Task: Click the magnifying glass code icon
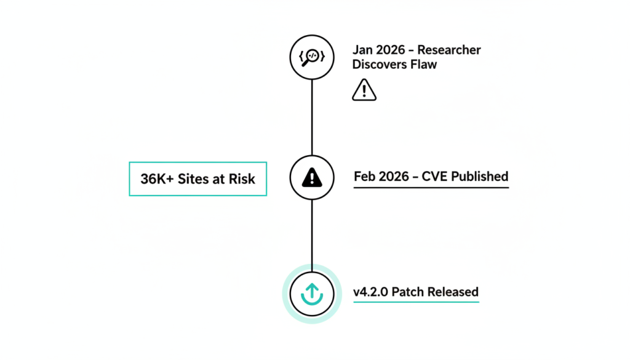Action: [311, 58]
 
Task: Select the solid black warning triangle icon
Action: [312, 178]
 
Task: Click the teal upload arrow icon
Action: [311, 294]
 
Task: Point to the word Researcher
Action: [449, 50]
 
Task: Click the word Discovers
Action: [380, 64]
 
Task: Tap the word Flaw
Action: [425, 64]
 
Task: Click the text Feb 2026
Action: [378, 177]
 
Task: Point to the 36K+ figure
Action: [157, 179]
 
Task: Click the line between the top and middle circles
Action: [312, 117]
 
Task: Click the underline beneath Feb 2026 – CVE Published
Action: [431, 186]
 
